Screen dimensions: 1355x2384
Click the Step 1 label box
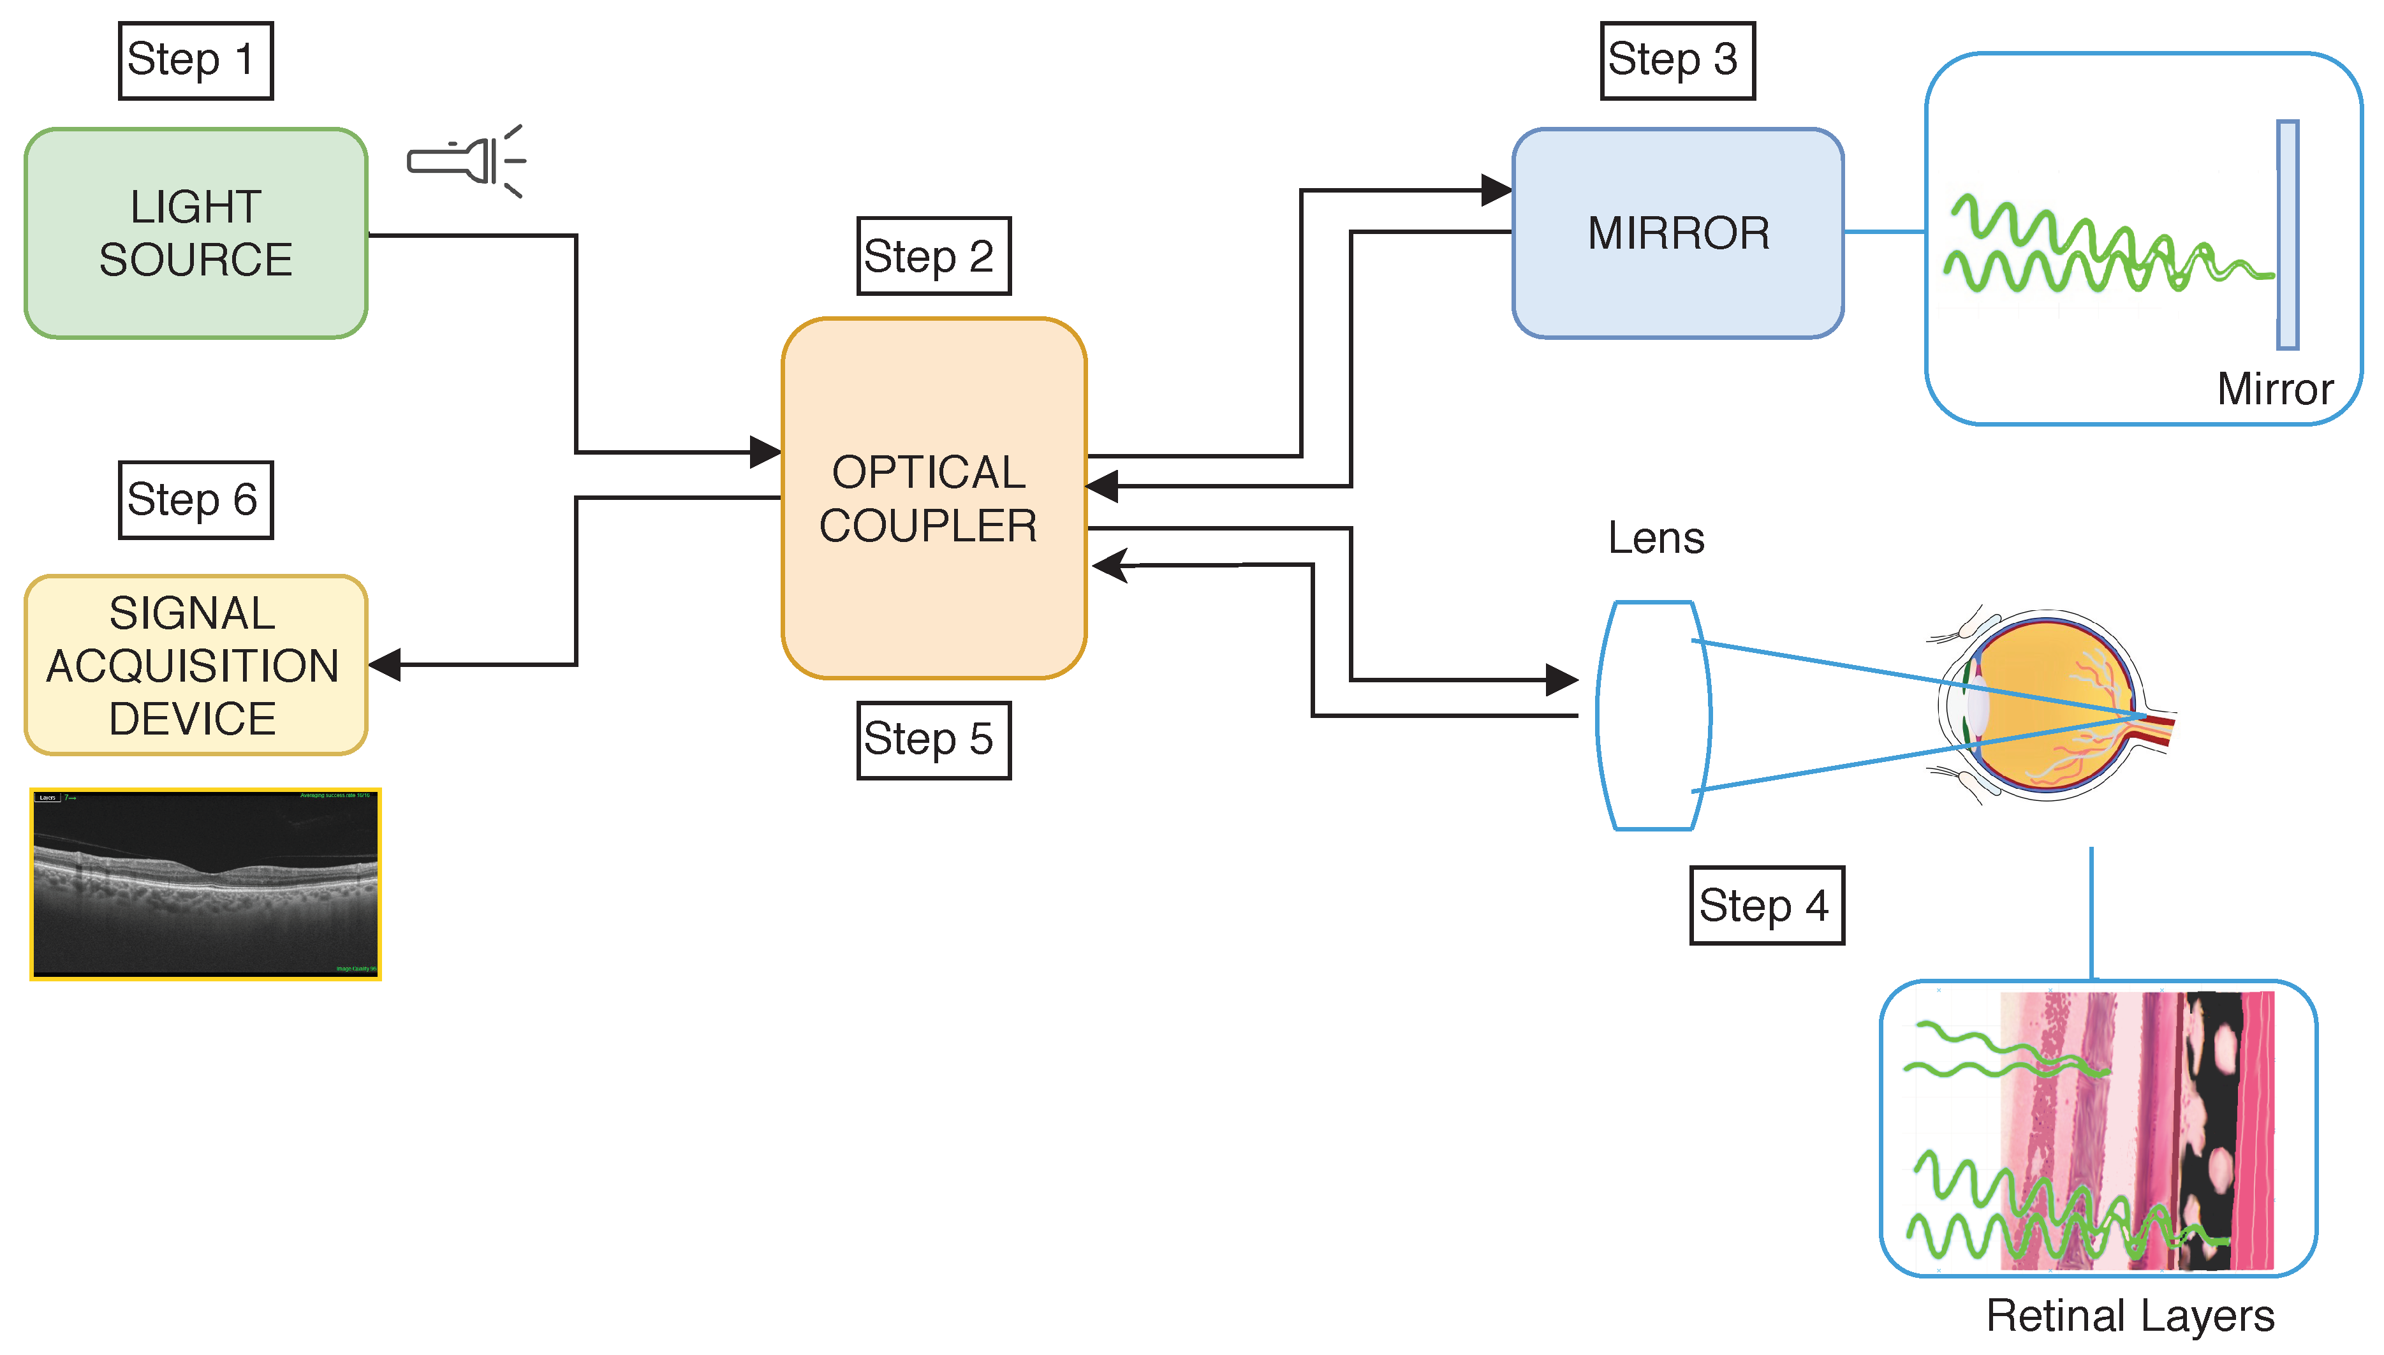[x=195, y=61]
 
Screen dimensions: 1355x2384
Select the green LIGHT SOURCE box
[x=195, y=233]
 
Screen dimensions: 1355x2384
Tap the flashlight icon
[x=466, y=161]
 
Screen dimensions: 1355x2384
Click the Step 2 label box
[x=932, y=256]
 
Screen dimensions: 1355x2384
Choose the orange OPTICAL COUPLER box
[x=933, y=498]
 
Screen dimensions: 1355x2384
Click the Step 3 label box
[x=1677, y=61]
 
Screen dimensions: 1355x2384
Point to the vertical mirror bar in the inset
[x=2286, y=235]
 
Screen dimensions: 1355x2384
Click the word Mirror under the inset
[x=2274, y=389]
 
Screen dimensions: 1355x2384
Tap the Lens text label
[x=1656, y=538]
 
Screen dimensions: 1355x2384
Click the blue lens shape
[x=1652, y=715]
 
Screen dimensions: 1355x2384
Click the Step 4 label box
[x=1765, y=905]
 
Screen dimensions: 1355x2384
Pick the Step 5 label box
[x=932, y=740]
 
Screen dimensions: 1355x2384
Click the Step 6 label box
[x=195, y=500]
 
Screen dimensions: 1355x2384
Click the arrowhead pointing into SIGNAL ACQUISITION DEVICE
[x=385, y=664]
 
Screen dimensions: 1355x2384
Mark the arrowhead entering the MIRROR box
[x=1496, y=191]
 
